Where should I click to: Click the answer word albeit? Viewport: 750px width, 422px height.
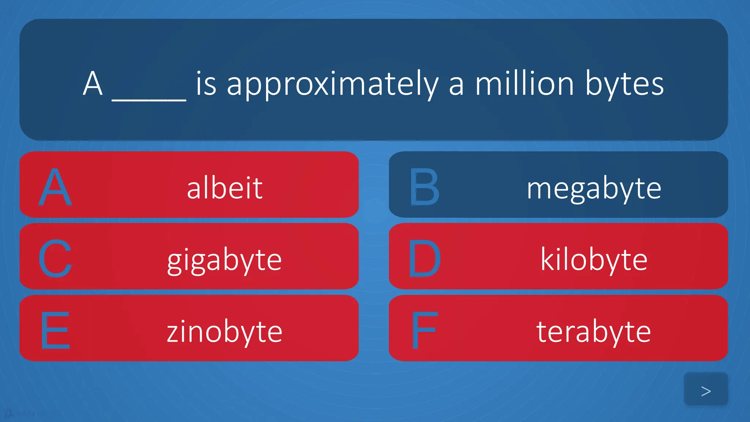coord(224,188)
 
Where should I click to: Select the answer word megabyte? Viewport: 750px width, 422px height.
coord(594,188)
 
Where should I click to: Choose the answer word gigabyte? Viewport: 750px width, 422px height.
coord(224,260)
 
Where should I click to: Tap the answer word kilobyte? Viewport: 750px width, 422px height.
coord(594,259)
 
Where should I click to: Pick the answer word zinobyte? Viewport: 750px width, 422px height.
coord(224,332)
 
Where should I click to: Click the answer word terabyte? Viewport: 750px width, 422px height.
coord(594,332)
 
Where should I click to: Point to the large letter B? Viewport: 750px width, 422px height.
coord(424,187)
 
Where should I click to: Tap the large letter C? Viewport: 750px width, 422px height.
coord(55,259)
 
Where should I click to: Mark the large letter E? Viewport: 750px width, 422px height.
coord(55,330)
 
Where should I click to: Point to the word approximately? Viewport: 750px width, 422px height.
coord(333,85)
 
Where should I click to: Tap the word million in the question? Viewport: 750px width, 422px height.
coord(524,84)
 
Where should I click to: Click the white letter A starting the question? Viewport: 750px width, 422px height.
coord(92,84)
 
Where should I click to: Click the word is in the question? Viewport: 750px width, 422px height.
coord(206,84)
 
